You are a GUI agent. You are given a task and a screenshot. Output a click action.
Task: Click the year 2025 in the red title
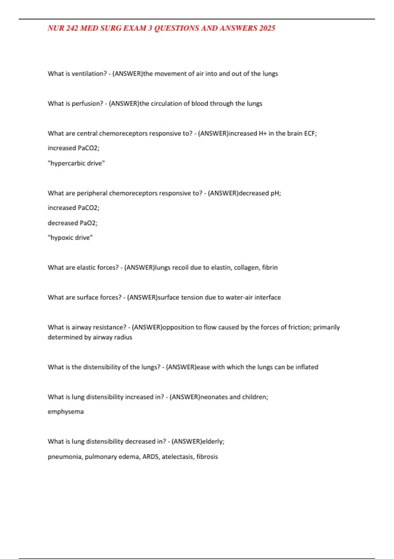point(267,28)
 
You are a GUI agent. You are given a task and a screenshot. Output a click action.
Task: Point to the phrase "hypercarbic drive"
point(76,163)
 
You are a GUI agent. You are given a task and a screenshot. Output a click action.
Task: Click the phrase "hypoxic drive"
point(70,238)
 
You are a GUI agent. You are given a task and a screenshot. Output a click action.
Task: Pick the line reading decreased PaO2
point(73,223)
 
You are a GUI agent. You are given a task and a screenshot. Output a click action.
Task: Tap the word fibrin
point(270,268)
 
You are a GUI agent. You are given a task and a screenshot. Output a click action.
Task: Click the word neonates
point(214,397)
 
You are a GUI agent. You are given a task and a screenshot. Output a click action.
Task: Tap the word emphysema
point(66,412)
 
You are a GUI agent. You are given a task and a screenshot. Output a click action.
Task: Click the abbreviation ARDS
point(150,457)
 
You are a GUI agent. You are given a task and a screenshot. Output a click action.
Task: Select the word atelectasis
point(177,457)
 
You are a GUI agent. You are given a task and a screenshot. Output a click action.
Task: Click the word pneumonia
point(65,457)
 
